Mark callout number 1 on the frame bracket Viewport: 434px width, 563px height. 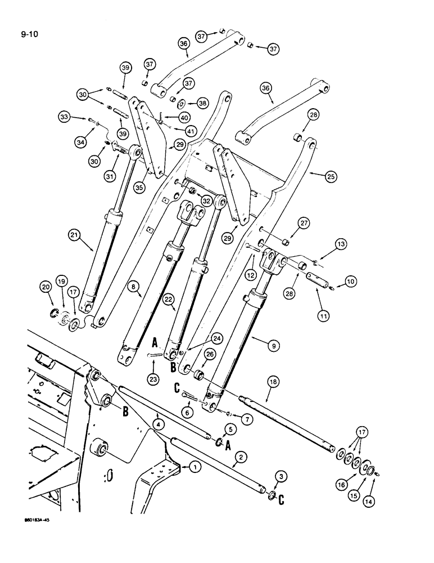pyautogui.click(x=195, y=467)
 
